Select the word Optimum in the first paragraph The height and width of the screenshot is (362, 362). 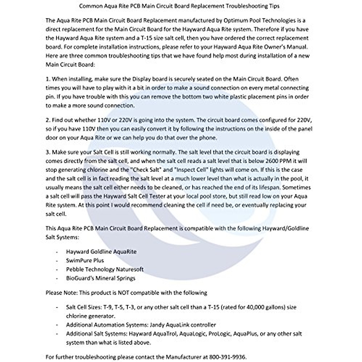click(234, 21)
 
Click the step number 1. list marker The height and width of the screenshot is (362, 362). click(48, 79)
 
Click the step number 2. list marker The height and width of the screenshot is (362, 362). click(48, 120)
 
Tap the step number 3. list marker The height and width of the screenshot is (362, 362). click(48, 152)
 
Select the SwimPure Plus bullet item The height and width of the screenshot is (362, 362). click(85, 261)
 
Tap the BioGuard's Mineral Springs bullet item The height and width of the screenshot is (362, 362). click(100, 278)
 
